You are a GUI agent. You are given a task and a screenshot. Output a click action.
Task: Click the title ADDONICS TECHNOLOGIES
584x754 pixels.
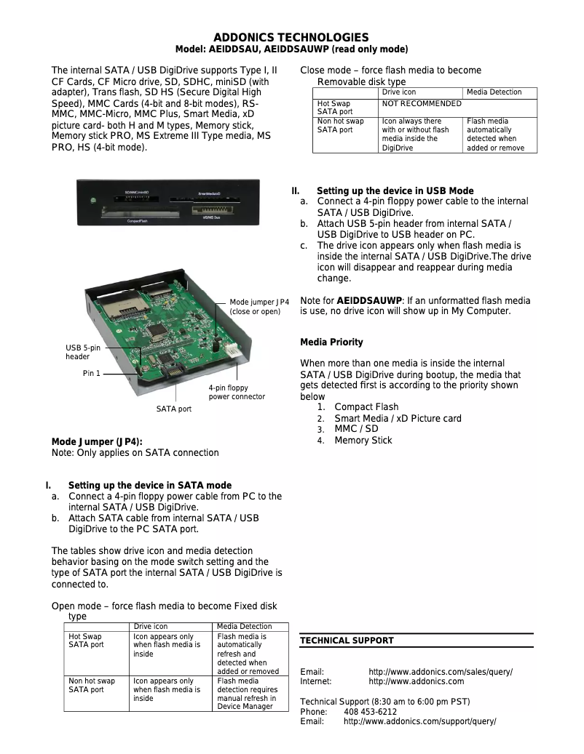(x=291, y=38)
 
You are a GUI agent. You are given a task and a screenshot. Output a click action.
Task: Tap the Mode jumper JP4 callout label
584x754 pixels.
(x=259, y=306)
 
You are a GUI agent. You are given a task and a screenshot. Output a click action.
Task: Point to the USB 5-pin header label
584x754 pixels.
(x=83, y=353)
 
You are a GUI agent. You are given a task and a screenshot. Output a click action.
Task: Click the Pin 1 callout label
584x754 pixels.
(x=92, y=373)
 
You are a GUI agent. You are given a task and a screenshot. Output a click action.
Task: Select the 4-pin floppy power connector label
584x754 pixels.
(x=237, y=393)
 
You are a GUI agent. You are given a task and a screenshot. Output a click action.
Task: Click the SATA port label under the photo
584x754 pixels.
(x=174, y=409)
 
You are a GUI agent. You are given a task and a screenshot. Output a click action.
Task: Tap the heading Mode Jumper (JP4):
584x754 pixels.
(x=97, y=441)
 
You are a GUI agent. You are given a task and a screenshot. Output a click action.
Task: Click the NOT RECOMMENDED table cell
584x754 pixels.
(x=422, y=104)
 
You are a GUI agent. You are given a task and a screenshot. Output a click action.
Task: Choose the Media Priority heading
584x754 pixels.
(x=331, y=342)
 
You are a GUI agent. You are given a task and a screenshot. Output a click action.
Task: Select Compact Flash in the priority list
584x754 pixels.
(x=366, y=407)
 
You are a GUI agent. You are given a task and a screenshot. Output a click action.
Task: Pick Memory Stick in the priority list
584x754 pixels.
(x=363, y=441)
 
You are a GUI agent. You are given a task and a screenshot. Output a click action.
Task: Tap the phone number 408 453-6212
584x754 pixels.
(x=370, y=712)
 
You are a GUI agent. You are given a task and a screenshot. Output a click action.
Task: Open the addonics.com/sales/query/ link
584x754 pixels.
(x=440, y=672)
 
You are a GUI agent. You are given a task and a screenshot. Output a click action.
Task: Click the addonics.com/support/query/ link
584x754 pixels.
(x=419, y=721)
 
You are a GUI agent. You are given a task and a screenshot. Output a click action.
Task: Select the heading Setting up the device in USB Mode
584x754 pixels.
(x=395, y=191)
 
